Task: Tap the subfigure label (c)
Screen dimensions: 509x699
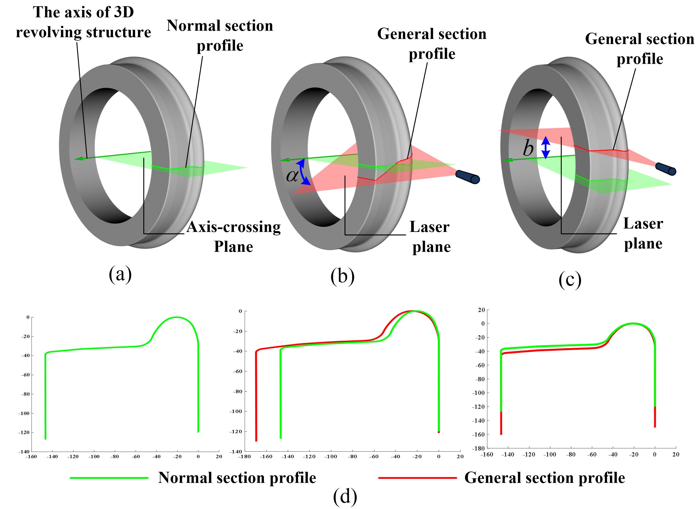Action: point(570,279)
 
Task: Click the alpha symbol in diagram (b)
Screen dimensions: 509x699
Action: point(292,176)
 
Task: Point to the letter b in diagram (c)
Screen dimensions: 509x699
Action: point(528,149)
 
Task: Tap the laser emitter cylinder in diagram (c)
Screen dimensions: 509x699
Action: point(666,169)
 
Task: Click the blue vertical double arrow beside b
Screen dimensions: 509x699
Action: point(545,148)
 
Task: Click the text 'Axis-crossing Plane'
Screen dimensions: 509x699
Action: point(233,236)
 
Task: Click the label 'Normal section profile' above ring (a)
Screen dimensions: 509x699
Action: point(220,35)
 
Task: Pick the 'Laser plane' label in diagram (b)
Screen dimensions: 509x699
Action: point(430,237)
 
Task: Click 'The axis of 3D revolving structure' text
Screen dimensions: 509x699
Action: point(83,22)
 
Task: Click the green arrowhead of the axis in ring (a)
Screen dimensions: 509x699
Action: point(79,158)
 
